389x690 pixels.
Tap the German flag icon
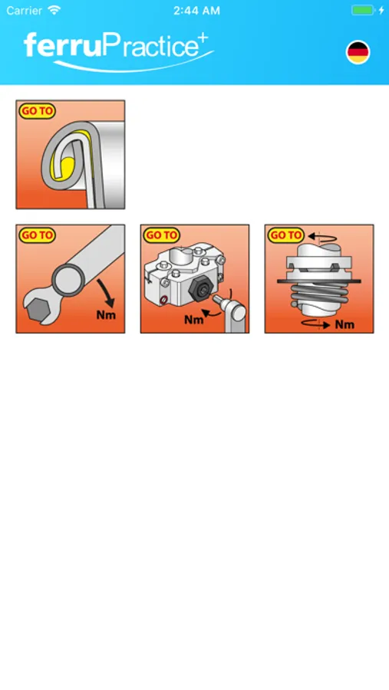point(358,52)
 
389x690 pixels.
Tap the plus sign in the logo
point(203,39)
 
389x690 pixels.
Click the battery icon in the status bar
point(363,11)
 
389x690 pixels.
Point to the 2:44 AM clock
point(196,11)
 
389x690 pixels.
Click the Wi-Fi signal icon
point(54,10)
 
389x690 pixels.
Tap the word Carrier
point(25,11)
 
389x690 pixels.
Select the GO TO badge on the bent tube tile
point(37,111)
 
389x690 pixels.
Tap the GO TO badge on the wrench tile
point(37,235)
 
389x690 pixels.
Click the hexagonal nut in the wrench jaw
point(39,311)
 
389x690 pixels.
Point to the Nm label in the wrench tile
point(106,315)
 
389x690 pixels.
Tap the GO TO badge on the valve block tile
point(161,235)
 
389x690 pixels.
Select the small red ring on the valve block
point(164,301)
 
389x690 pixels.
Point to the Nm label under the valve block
point(194,319)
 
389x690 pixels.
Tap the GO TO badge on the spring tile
point(285,235)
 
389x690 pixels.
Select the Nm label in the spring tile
point(344,325)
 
